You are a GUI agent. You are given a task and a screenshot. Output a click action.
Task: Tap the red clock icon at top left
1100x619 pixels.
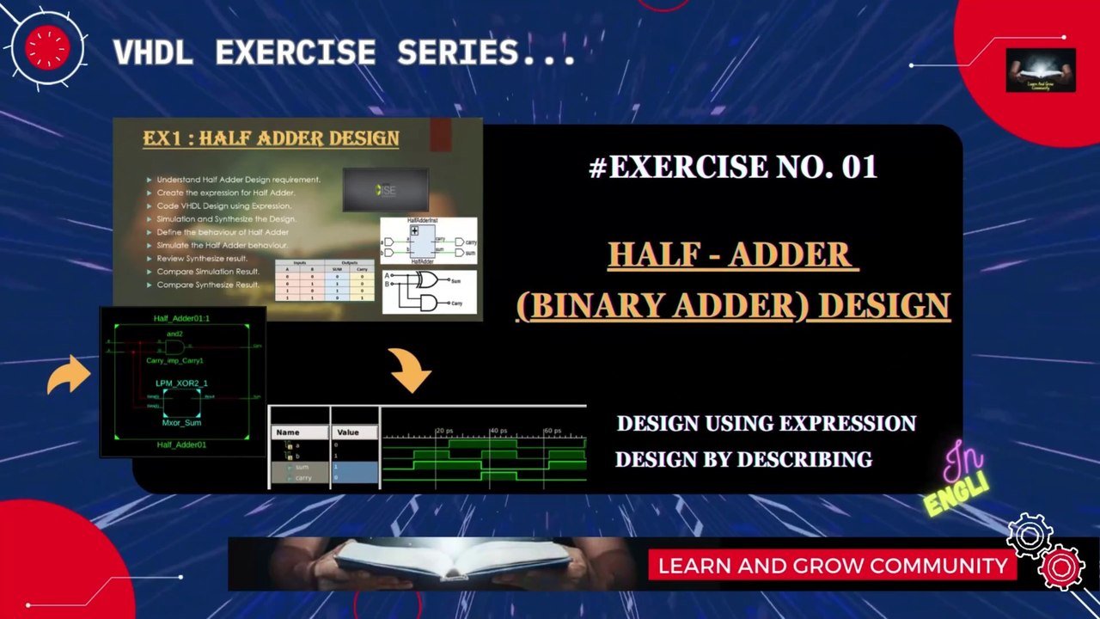click(x=47, y=48)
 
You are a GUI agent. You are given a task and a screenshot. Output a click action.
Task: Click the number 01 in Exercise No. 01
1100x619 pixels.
click(x=859, y=167)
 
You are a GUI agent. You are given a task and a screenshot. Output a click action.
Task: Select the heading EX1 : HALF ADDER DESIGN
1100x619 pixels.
click(x=271, y=138)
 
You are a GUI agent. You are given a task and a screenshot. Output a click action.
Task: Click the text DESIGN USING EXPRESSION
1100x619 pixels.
click(x=766, y=424)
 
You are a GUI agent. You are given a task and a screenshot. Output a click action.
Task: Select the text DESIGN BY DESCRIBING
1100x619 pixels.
click(x=743, y=460)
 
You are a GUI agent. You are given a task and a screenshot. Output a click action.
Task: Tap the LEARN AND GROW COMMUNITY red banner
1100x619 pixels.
click(x=832, y=566)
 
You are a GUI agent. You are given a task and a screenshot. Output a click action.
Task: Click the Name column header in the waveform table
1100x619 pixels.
click(x=288, y=432)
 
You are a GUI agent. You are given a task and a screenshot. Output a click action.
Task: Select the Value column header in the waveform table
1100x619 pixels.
click(x=348, y=432)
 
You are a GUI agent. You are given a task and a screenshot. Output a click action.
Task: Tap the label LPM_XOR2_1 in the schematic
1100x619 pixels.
click(x=181, y=383)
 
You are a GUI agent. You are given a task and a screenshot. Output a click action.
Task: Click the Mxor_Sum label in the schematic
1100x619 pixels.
click(x=181, y=423)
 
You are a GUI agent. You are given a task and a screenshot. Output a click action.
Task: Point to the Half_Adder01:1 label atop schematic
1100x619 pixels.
click(x=181, y=318)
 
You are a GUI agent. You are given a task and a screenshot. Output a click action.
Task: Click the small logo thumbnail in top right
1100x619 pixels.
click(x=1040, y=70)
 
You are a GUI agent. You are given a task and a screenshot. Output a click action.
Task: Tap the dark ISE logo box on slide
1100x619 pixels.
click(x=386, y=190)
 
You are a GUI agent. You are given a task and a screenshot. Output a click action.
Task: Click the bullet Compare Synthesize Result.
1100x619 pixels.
click(x=208, y=285)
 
